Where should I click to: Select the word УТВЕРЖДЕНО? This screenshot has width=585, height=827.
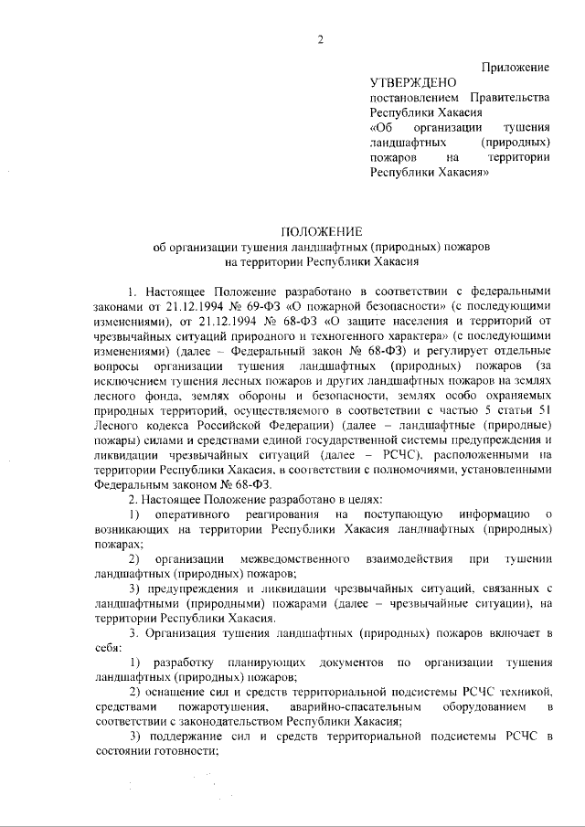408,82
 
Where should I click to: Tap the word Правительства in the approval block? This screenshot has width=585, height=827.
509,97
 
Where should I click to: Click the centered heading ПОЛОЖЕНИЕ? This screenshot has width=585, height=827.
320,230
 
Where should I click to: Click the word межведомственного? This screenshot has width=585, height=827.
254,558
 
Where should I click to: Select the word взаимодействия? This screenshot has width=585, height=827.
394,558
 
